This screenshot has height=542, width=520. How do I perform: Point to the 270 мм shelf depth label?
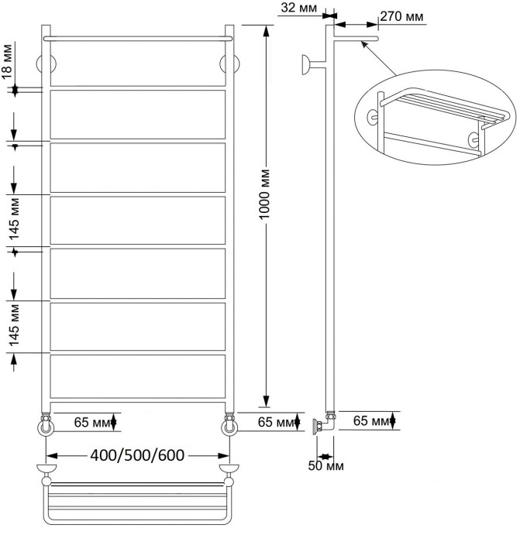pos(402,17)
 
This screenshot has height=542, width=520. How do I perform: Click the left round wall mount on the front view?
pos(44,63)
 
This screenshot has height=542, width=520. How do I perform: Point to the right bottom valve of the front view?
pos(229,424)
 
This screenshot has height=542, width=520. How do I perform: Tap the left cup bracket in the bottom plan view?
pos(46,470)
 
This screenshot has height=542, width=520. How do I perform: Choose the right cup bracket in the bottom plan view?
pos(229,470)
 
